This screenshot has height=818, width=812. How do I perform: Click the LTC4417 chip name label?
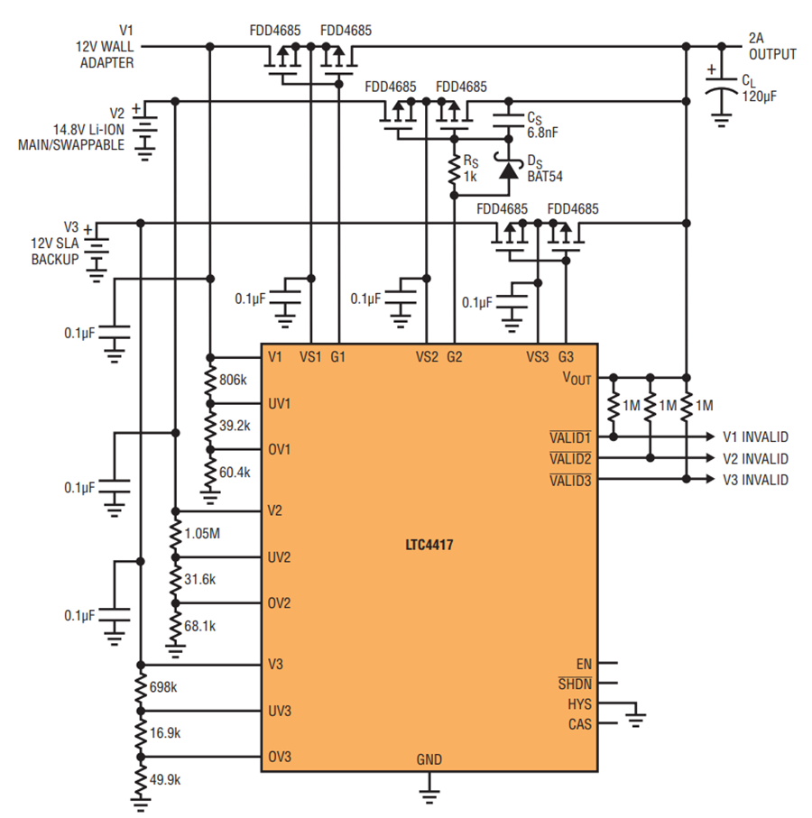(x=429, y=545)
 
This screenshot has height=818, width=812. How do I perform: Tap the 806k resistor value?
(x=233, y=380)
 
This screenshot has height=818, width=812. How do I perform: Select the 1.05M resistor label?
(x=202, y=534)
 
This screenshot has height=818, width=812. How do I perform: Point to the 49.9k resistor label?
(x=165, y=780)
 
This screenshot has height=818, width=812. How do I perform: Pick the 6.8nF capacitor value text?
(x=542, y=133)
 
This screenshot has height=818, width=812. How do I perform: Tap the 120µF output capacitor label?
(x=759, y=97)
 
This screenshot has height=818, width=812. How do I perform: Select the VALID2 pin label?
(x=570, y=459)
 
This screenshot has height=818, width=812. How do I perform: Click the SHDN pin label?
(x=575, y=684)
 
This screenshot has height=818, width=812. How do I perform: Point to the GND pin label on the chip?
(x=429, y=759)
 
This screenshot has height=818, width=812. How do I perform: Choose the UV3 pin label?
(x=279, y=711)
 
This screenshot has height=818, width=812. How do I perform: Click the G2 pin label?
(x=454, y=357)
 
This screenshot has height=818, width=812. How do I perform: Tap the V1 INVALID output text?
(x=755, y=437)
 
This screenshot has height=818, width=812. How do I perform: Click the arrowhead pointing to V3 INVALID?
(x=710, y=479)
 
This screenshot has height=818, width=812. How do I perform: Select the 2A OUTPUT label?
(x=771, y=46)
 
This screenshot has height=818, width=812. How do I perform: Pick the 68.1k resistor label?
(x=200, y=626)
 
